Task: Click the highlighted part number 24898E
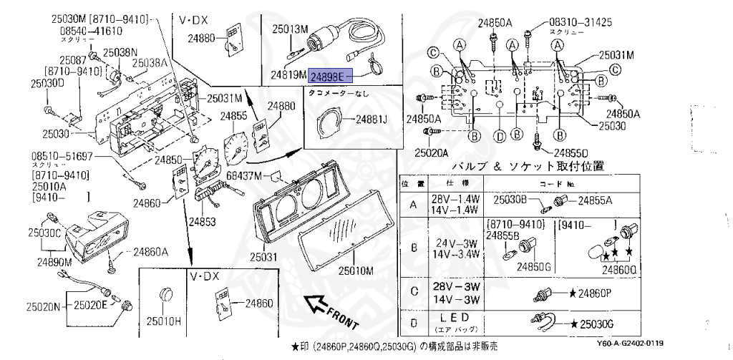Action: pyautogui.click(x=331, y=74)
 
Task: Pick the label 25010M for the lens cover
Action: pyautogui.click(x=356, y=271)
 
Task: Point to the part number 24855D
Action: pyautogui.click(x=571, y=152)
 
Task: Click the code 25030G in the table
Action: pyautogui.click(x=598, y=324)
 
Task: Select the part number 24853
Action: pyautogui.click(x=202, y=221)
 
